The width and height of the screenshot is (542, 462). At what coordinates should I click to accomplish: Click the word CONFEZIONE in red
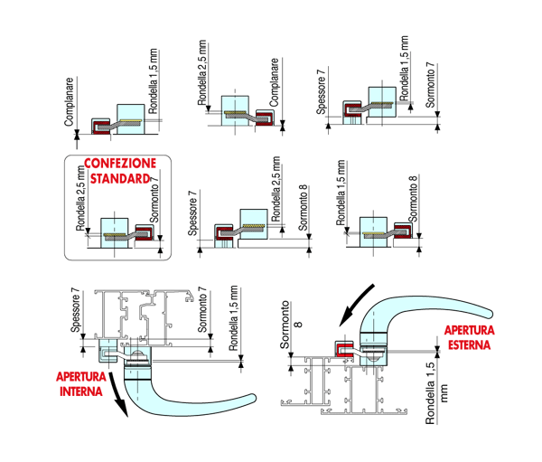pyautogui.click(x=120, y=164)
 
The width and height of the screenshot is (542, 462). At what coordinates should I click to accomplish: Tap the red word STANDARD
pyautogui.click(x=120, y=179)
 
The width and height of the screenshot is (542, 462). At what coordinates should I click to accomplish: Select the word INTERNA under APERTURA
pyautogui.click(x=81, y=391)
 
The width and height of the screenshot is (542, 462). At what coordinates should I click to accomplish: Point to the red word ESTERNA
pyautogui.click(x=469, y=344)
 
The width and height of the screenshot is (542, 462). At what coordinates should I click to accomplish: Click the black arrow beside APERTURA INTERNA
pyautogui.click(x=118, y=394)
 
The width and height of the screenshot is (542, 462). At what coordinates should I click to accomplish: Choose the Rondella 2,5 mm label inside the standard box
pyautogui.click(x=80, y=198)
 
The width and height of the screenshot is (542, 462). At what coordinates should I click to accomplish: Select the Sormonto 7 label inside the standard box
pyautogui.click(x=154, y=200)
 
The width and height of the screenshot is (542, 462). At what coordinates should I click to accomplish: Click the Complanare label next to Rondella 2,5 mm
pyautogui.click(x=274, y=82)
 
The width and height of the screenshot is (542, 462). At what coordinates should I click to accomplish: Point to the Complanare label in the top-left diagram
pyautogui.click(x=69, y=102)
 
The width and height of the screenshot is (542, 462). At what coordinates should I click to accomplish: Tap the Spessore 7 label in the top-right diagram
pyautogui.click(x=321, y=91)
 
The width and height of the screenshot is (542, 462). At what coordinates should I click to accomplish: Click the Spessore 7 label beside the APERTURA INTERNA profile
pyautogui.click(x=75, y=310)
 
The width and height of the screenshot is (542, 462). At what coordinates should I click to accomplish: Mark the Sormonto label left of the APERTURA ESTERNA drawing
pyautogui.click(x=290, y=325)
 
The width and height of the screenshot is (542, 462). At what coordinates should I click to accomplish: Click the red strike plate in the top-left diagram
pyautogui.click(x=101, y=127)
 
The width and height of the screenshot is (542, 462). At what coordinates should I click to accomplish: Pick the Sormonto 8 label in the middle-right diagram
pyautogui.click(x=413, y=198)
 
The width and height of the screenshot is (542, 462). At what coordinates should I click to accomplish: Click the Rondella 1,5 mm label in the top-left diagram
pyautogui.click(x=153, y=81)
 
